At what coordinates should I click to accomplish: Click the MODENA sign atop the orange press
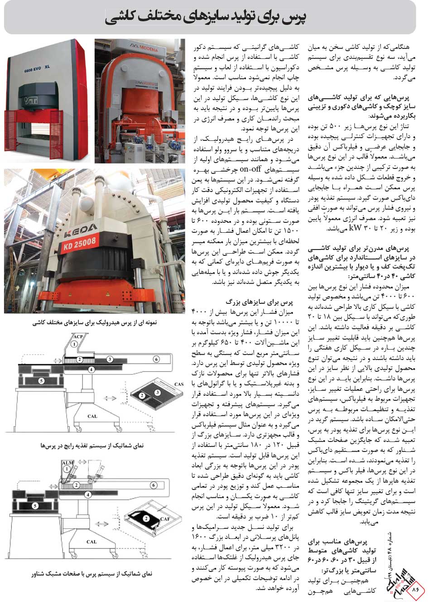click(x=140, y=46)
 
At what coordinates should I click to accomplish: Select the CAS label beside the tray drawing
click(x=178, y=384)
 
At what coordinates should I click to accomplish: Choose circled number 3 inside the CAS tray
click(x=157, y=392)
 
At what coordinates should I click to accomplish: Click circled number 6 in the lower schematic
click(x=154, y=485)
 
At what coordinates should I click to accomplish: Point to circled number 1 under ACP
click(x=73, y=345)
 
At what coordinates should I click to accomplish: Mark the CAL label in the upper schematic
click(x=92, y=416)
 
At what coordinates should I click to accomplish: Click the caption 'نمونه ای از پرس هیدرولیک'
click(x=95, y=323)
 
